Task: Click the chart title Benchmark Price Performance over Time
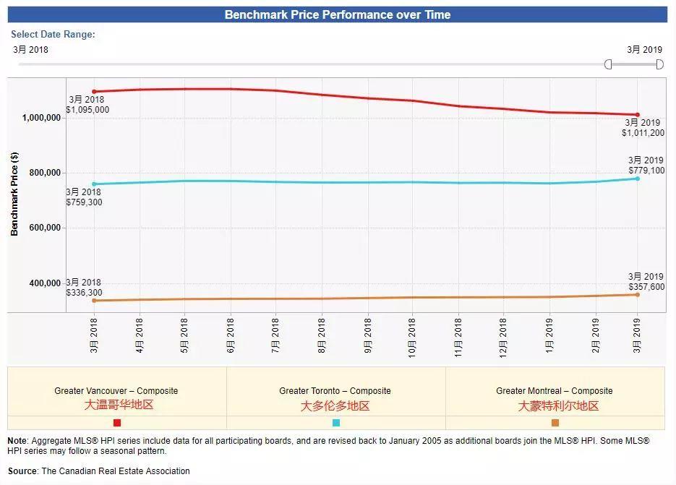click(x=337, y=14)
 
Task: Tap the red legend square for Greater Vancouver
click(x=117, y=423)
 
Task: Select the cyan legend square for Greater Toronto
click(x=335, y=423)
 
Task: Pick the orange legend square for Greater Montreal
click(x=555, y=423)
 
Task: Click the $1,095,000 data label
click(x=89, y=110)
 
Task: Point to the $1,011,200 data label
click(x=643, y=133)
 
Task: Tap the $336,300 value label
click(x=84, y=293)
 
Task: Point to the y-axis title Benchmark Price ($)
click(x=14, y=194)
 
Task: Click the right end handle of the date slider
click(x=659, y=64)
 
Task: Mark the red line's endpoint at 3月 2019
click(x=637, y=114)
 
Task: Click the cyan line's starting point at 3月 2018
click(x=94, y=184)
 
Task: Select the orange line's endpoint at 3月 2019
click(x=637, y=294)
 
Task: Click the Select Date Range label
click(x=53, y=34)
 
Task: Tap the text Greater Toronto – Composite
click(x=335, y=391)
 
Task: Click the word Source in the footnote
click(x=23, y=471)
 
